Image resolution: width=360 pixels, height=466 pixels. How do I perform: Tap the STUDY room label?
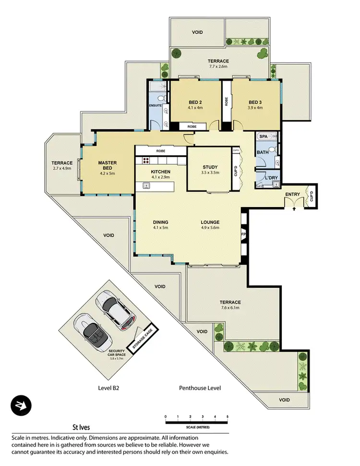[210, 167]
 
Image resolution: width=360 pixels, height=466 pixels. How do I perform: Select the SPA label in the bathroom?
[263, 137]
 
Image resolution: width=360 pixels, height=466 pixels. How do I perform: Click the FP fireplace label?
[243, 235]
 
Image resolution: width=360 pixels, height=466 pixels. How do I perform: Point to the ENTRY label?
[293, 194]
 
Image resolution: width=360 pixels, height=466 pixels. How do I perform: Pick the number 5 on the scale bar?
[228, 417]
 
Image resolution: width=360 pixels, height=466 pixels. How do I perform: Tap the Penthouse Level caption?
[200, 388]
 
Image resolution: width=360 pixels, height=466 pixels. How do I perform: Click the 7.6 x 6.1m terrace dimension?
[231, 308]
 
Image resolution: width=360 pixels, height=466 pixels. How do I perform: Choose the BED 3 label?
[255, 102]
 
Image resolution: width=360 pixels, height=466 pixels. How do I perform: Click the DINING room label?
[160, 222]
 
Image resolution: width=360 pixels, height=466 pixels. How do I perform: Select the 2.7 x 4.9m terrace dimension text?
[62, 169]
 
